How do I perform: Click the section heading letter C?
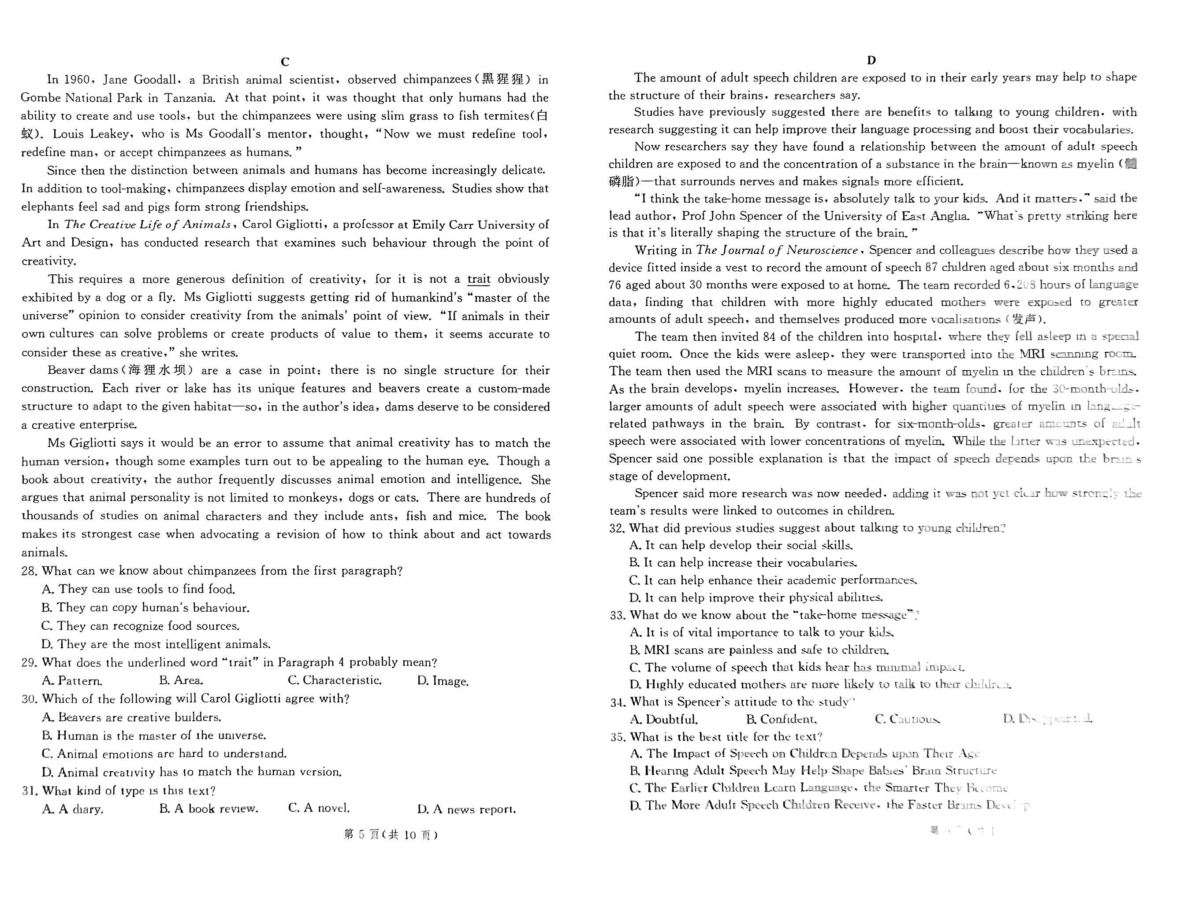pos(285,62)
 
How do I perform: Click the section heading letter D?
pos(871,60)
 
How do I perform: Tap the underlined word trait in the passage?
pos(479,279)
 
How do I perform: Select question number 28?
pos(29,571)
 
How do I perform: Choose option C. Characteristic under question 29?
pos(335,680)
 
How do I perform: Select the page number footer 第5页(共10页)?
pos(390,835)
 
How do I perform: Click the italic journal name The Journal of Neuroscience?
pos(777,250)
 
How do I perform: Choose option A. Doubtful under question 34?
pos(664,719)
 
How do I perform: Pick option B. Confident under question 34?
pos(781,719)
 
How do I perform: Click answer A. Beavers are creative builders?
pos(132,717)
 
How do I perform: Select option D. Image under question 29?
pos(443,681)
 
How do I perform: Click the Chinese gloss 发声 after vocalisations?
pos(1025,319)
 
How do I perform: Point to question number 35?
pos(618,737)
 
